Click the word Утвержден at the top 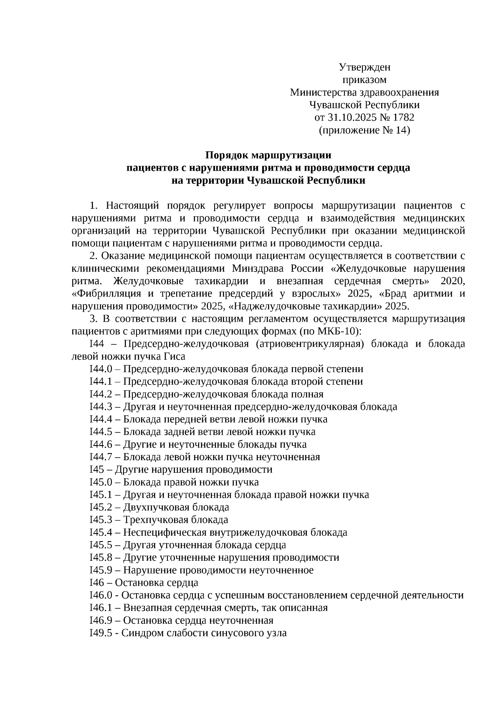[x=364, y=67]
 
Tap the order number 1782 [x=403, y=118]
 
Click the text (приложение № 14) [x=364, y=131]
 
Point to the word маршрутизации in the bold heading [x=291, y=156]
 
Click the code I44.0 [x=100, y=369]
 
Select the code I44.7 [x=100, y=457]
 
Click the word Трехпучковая [x=156, y=520]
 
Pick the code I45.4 [x=100, y=533]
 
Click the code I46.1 [x=100, y=608]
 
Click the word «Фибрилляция [x=100, y=293]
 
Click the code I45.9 [x=100, y=570]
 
